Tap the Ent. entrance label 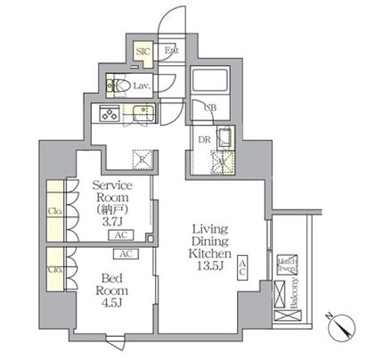coord(171,51)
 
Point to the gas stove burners coord(110,113)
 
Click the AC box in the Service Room coord(119,236)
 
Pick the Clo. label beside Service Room coord(53,211)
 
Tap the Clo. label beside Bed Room coord(53,268)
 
